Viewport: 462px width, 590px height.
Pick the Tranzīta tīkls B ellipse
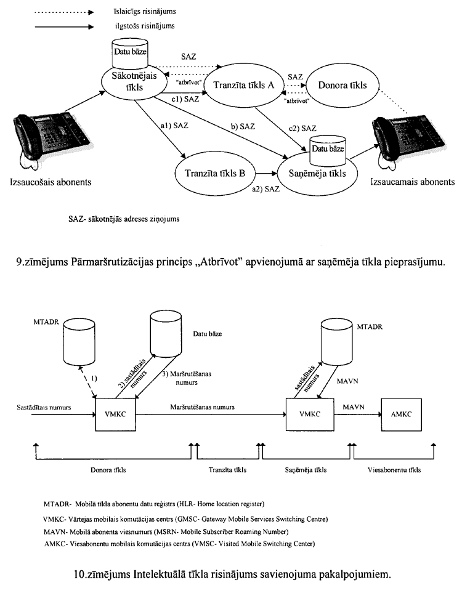coord(211,174)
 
